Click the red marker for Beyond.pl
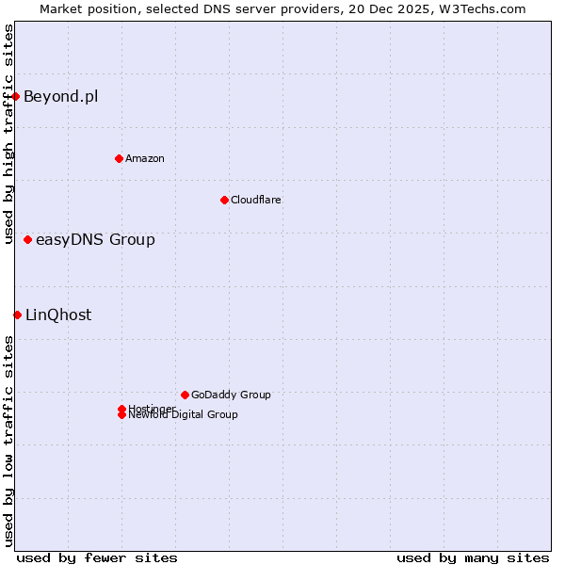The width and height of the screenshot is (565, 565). click(16, 96)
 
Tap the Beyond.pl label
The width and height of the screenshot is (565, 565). click(60, 96)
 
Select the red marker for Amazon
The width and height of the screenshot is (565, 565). click(119, 158)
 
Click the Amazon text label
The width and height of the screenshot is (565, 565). click(145, 158)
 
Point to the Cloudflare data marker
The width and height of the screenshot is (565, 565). click(224, 200)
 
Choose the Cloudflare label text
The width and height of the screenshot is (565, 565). click(256, 200)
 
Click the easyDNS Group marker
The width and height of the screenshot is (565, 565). click(27, 240)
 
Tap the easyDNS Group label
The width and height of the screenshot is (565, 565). click(95, 240)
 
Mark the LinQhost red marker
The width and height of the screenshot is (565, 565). click(17, 315)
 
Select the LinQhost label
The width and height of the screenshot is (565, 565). click(58, 315)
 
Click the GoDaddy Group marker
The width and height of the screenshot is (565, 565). click(185, 395)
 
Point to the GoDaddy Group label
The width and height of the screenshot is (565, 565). click(231, 395)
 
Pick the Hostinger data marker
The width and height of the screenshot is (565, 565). click(121, 409)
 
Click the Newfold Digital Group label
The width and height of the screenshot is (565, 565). click(184, 415)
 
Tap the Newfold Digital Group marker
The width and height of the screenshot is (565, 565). click(121, 415)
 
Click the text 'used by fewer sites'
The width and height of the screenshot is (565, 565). click(97, 558)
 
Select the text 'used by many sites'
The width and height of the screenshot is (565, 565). click(473, 558)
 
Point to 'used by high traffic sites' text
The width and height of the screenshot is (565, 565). click(8, 134)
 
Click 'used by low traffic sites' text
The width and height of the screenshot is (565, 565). click(8, 441)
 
